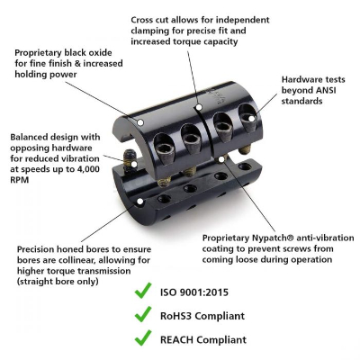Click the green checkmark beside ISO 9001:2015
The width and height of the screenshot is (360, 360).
pyautogui.click(x=141, y=292)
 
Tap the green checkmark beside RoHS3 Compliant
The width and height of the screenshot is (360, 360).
pyautogui.click(x=141, y=315)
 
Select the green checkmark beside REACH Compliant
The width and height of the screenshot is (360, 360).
pyautogui.click(x=141, y=339)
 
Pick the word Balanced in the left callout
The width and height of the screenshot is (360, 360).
pyautogui.click(x=30, y=138)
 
